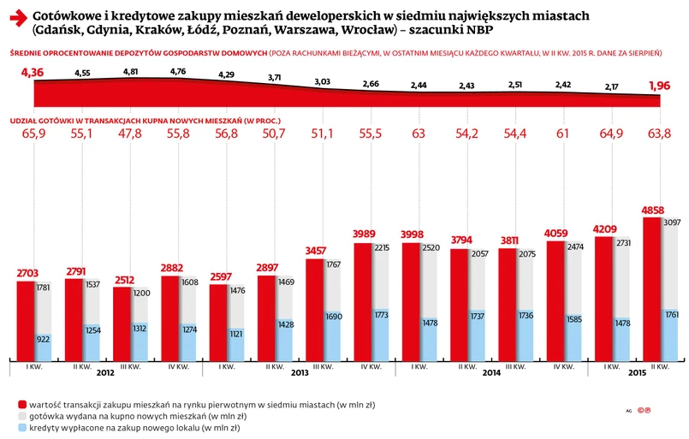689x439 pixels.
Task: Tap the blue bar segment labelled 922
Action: tap(44, 341)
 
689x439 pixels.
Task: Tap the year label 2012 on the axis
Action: tap(105, 374)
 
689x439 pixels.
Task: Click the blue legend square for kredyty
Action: tap(21, 427)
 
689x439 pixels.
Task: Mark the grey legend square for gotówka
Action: tap(21, 415)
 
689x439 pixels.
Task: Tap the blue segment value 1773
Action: tap(382, 316)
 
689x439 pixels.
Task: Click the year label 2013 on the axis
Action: tap(299, 374)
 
